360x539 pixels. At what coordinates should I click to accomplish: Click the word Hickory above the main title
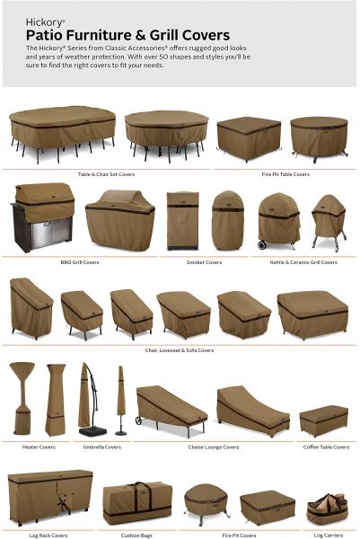pyautogui.click(x=44, y=22)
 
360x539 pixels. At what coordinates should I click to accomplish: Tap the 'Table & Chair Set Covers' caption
pyautogui.click(x=106, y=174)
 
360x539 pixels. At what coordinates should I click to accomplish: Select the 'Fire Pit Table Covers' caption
pyautogui.click(x=285, y=174)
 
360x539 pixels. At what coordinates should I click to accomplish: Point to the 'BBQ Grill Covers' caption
pyautogui.click(x=80, y=262)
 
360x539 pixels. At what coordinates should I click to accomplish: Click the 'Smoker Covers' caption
pyautogui.click(x=204, y=262)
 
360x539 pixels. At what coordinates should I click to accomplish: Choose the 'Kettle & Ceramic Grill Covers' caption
pyautogui.click(x=303, y=262)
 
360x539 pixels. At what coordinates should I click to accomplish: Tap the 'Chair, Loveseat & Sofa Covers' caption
pyautogui.click(x=180, y=350)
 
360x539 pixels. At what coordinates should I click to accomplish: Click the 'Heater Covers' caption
pyautogui.click(x=39, y=446)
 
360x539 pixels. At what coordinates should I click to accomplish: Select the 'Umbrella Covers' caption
pyautogui.click(x=102, y=446)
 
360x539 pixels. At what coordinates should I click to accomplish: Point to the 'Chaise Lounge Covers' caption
pyautogui.click(x=214, y=446)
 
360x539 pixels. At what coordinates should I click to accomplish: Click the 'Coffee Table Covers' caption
pyautogui.click(x=326, y=446)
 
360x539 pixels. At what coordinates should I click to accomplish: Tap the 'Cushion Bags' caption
pyautogui.click(x=136, y=535)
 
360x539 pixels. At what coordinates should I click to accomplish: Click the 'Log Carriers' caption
pyautogui.click(x=329, y=535)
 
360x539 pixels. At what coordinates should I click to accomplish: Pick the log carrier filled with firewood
pyautogui.click(x=327, y=508)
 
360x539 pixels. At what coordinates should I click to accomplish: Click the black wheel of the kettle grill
pyautogui.click(x=262, y=244)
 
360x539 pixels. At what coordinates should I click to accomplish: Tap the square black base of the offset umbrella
pyautogui.click(x=92, y=431)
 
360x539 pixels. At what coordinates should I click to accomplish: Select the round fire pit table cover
pyautogui.click(x=319, y=137)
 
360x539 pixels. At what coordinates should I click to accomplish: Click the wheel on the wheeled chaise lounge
pyautogui.click(x=139, y=420)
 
